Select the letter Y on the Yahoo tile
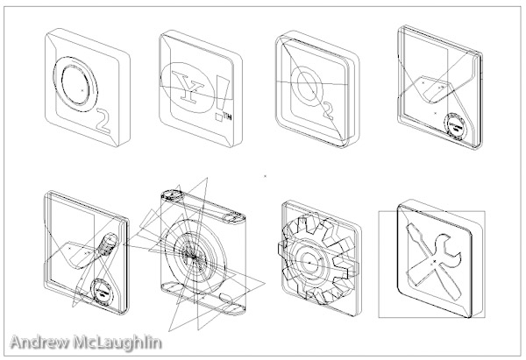pos(188,87)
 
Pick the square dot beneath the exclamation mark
pos(218,116)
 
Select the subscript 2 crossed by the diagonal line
pos(327,110)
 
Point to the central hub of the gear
pos(309,260)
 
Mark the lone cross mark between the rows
pos(265,175)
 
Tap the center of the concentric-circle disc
pos(194,256)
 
